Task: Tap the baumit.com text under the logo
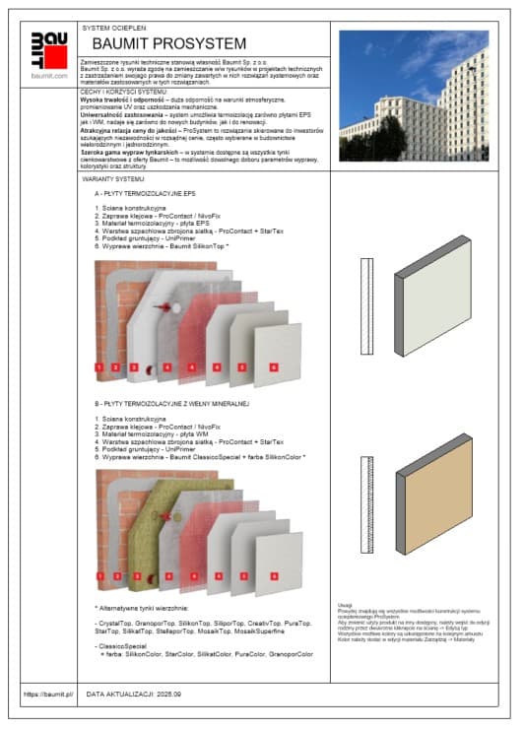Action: point(48,75)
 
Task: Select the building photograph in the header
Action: point(413,83)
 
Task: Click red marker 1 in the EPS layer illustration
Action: point(99,367)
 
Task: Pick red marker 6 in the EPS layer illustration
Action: point(273,367)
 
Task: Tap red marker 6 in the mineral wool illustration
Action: point(273,574)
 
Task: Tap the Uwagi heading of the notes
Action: point(344,606)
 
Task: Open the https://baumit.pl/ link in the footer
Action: point(48,694)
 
